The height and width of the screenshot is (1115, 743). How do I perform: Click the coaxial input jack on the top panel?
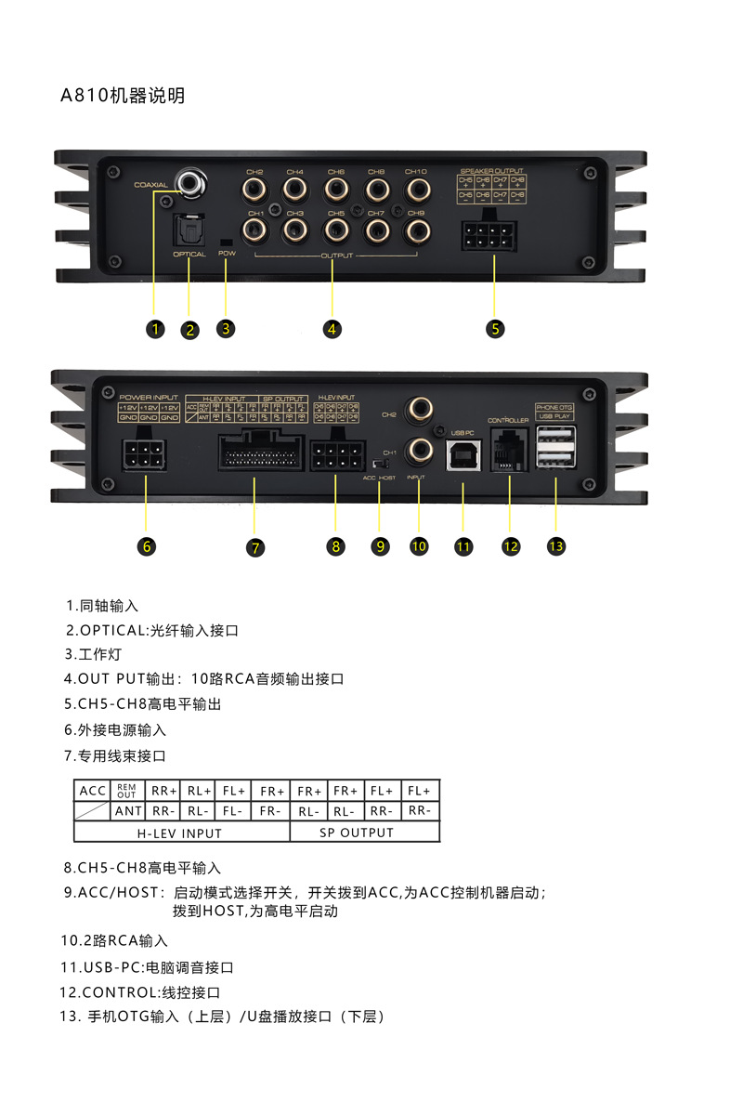(x=193, y=183)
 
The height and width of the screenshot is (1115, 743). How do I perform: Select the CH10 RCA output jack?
(x=415, y=190)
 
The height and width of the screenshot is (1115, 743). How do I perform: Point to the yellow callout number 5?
(x=495, y=328)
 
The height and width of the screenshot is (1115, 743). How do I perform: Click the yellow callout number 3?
(x=226, y=328)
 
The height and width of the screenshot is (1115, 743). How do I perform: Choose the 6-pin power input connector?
(x=144, y=455)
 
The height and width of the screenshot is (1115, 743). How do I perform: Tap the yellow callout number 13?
(x=555, y=546)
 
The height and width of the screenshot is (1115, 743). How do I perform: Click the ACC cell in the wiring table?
(x=93, y=791)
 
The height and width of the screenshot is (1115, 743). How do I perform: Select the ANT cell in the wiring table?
(x=128, y=811)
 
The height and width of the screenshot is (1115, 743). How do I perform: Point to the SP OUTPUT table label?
(x=357, y=833)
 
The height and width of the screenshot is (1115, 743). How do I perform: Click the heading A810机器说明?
(x=123, y=96)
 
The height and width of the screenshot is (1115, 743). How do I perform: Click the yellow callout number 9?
(x=379, y=546)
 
